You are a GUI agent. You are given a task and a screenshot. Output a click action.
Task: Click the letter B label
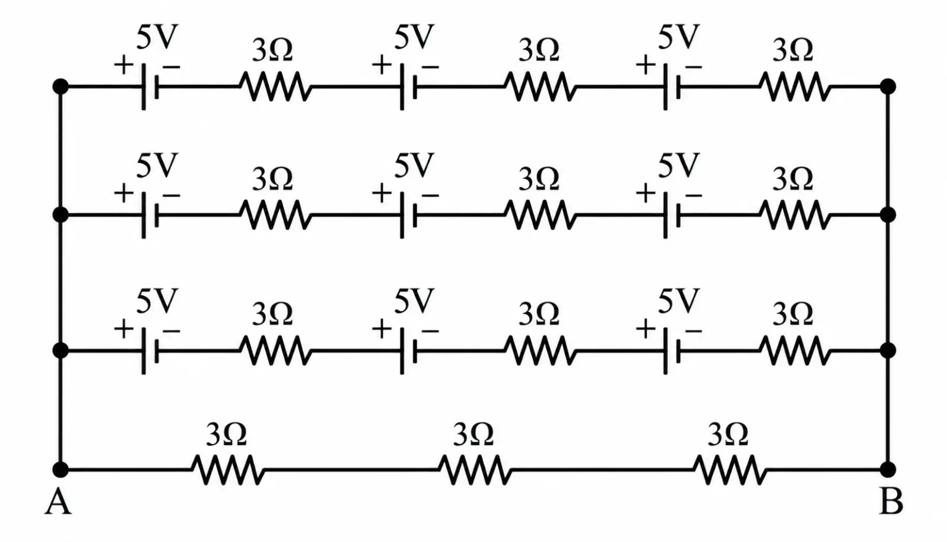[891, 502]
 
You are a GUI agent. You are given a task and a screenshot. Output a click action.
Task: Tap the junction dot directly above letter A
[60, 469]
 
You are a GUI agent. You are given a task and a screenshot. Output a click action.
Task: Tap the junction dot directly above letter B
[888, 469]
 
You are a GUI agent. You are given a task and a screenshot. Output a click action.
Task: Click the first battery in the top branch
[150, 86]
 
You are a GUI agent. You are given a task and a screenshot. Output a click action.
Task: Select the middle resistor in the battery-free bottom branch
[475, 469]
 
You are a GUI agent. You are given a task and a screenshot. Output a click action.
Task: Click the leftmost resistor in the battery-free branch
[228, 469]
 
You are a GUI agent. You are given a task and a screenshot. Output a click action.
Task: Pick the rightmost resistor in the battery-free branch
[730, 469]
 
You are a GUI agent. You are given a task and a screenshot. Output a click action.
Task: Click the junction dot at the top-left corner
[60, 86]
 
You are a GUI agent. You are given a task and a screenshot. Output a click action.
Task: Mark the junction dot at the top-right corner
[888, 86]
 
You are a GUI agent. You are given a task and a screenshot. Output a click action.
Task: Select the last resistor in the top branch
[795, 86]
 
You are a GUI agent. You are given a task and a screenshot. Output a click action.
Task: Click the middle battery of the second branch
[408, 215]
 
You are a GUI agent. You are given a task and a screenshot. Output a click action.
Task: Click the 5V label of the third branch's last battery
[678, 301]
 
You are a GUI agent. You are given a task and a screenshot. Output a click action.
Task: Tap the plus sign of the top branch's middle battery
[382, 66]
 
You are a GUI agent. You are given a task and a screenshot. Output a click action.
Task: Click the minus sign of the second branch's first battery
[171, 195]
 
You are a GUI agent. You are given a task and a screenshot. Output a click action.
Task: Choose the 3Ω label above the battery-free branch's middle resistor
[473, 435]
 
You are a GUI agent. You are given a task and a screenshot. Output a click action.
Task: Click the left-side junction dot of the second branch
[60, 215]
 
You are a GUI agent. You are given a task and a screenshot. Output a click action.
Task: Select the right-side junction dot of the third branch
[888, 350]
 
